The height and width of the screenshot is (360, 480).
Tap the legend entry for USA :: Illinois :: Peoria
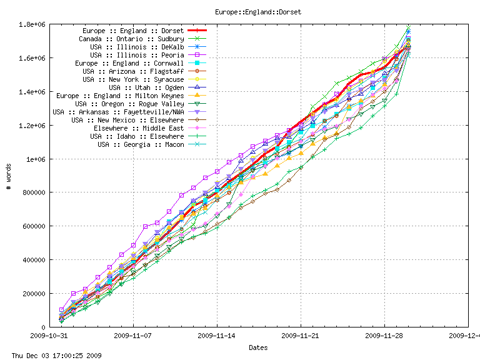[x=137, y=55]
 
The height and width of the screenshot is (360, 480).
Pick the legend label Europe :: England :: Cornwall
[x=129, y=63]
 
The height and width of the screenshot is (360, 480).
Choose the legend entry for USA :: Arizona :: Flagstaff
[x=133, y=71]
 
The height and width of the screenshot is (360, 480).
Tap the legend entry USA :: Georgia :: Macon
[x=141, y=144]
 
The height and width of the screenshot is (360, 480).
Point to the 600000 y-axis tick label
[x=33, y=226]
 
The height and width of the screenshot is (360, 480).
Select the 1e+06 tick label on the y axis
[x=35, y=159]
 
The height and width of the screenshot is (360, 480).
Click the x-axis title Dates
[x=258, y=347]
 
